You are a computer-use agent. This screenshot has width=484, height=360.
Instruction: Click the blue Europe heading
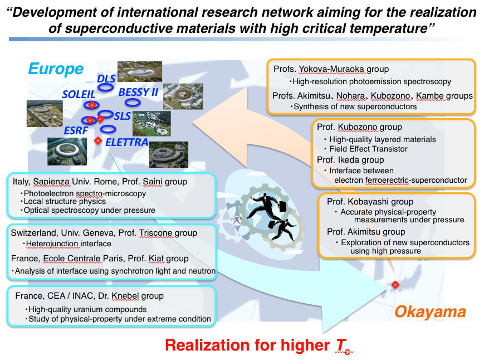point(56,69)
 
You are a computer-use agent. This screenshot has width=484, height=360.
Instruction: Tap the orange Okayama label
point(430,312)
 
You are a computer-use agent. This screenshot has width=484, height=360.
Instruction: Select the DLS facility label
point(106,79)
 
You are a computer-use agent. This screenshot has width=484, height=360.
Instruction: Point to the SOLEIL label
point(79,94)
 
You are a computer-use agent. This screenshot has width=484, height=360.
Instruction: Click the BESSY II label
point(138,92)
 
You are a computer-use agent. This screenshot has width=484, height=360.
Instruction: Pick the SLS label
point(123,116)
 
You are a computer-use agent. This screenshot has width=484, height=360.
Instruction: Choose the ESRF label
point(76,130)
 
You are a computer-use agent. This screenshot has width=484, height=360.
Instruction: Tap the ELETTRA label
point(126,142)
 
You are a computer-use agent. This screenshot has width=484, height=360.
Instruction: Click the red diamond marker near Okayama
point(395,285)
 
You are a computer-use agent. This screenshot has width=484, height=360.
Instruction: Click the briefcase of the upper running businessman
point(282,206)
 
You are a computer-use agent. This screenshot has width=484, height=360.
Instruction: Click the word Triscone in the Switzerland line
point(155,233)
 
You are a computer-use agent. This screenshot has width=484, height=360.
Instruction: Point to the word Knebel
point(125,296)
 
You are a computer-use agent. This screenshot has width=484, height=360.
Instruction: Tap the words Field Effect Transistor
point(368,149)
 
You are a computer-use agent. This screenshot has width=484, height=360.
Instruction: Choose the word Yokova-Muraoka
point(331,69)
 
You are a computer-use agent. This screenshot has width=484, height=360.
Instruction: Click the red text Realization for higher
point(247,345)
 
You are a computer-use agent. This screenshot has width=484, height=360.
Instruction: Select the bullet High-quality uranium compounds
point(87,309)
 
